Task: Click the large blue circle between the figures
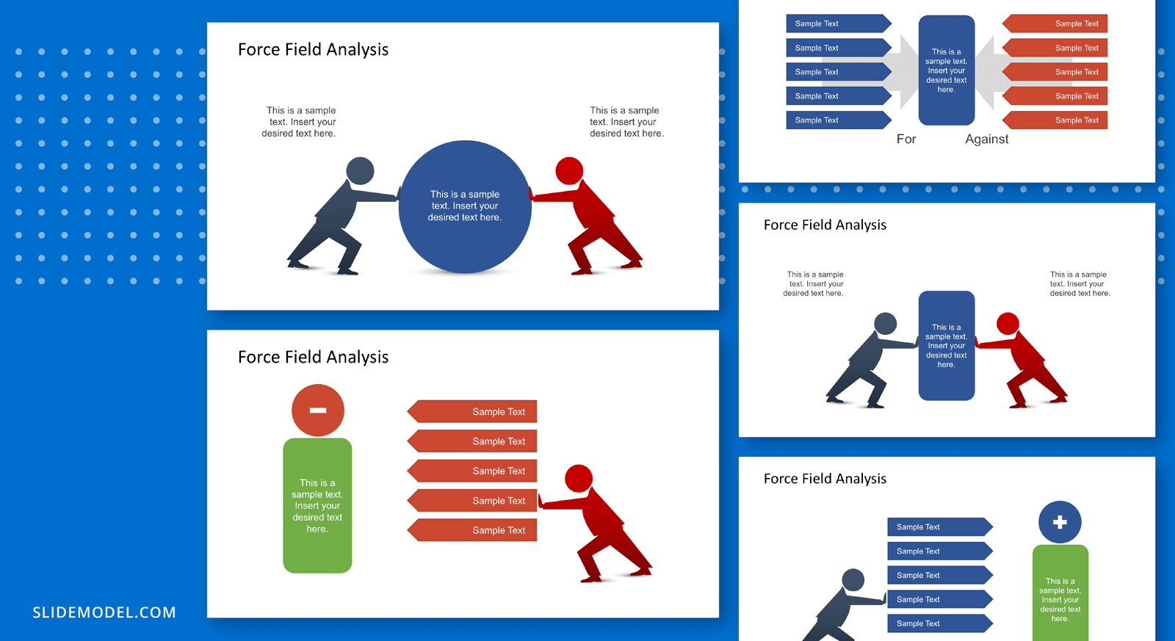point(465,206)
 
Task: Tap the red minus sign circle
point(318,410)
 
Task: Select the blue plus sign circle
point(1060,522)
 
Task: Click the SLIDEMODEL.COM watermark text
point(104,612)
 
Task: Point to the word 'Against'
point(987,139)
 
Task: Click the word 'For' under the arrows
point(906,139)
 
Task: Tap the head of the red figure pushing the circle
point(569,170)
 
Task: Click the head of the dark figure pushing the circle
point(361,170)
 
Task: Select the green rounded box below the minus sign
point(317,505)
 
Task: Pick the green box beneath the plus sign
point(1060,593)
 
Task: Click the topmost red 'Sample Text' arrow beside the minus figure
point(472,412)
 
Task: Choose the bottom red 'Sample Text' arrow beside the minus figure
point(472,530)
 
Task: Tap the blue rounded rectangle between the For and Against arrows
point(947,70)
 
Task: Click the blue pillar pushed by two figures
point(947,346)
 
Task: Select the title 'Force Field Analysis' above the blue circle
point(313,49)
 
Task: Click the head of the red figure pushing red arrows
point(579,479)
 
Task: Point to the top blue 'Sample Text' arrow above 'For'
point(839,23)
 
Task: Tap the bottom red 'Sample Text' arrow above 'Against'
point(1055,120)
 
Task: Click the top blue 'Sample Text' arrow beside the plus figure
point(940,526)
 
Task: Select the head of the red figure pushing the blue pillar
point(1008,324)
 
